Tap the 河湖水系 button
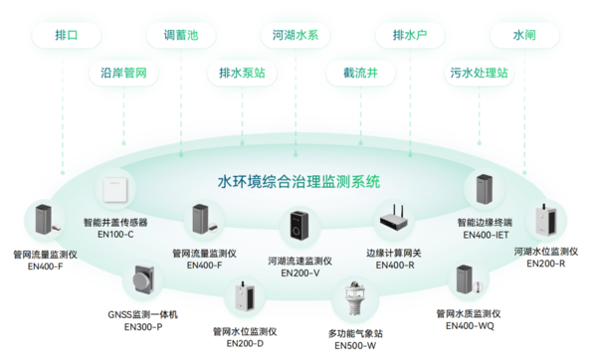pos(296,35)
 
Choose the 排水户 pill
pos(410,35)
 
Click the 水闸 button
pos(524,35)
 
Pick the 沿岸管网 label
pos(124,74)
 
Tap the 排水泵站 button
pos(242,74)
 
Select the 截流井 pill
pos(355,74)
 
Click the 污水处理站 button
pos(477,74)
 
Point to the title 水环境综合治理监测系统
pos(298,182)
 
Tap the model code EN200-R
pos(543,264)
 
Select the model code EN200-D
pos(245,343)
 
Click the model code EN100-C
pos(116,235)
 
